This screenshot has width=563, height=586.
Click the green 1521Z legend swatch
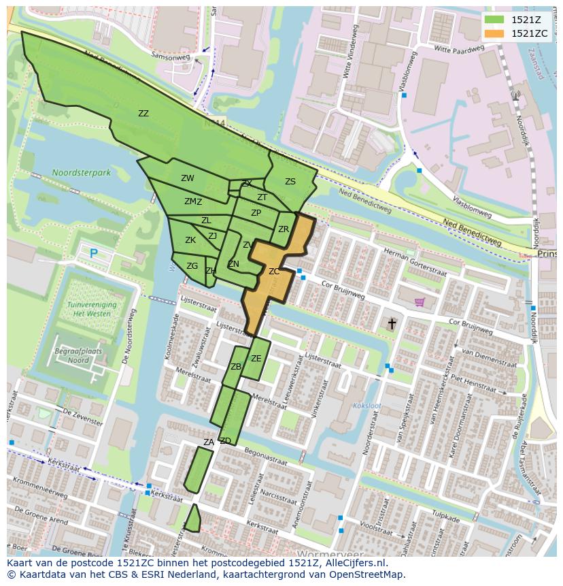(x=495, y=20)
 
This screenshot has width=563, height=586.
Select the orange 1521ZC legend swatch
(x=495, y=33)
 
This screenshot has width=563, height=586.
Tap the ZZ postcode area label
(x=143, y=114)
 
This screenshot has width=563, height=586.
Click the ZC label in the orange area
(x=274, y=272)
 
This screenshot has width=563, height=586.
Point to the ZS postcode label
(x=290, y=182)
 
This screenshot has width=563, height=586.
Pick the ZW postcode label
(x=188, y=178)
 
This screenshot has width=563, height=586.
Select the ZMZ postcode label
(x=193, y=201)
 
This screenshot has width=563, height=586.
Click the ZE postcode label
(x=256, y=359)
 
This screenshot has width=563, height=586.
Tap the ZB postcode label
(x=236, y=367)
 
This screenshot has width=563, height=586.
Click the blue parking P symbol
(x=93, y=253)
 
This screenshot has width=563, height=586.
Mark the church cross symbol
(x=392, y=324)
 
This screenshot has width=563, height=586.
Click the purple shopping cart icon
(x=420, y=302)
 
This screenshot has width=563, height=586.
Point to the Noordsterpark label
(x=81, y=173)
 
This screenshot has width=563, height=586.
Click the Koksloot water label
(x=366, y=406)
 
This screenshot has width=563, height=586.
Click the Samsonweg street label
(x=171, y=58)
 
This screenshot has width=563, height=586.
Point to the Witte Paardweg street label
(x=461, y=50)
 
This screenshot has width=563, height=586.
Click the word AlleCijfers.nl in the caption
(x=353, y=563)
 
